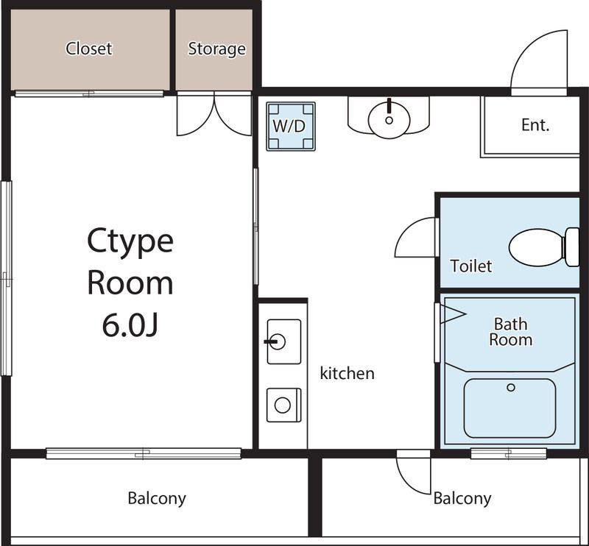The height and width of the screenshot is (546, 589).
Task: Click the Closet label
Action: pyautogui.click(x=89, y=49)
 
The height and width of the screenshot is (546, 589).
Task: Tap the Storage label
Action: pyautogui.click(x=216, y=49)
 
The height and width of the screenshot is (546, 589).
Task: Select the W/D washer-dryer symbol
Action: pyautogui.click(x=291, y=127)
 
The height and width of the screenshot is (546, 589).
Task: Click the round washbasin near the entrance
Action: pyautogui.click(x=389, y=119)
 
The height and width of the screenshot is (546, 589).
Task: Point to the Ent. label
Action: pyautogui.click(x=535, y=125)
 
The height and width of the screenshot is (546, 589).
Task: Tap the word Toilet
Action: pyautogui.click(x=471, y=266)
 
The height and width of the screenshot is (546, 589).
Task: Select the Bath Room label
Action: pyautogui.click(x=510, y=332)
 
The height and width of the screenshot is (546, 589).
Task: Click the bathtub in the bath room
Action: pyautogui.click(x=509, y=408)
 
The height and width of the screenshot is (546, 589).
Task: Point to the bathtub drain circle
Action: pyautogui.click(x=511, y=387)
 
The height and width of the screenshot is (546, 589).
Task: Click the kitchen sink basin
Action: pyautogui.click(x=284, y=341)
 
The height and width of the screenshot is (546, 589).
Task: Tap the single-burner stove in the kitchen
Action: pyautogui.click(x=283, y=405)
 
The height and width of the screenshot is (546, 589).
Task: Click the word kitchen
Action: pyautogui.click(x=347, y=373)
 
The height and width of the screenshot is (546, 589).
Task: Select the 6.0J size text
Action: pyautogui.click(x=130, y=325)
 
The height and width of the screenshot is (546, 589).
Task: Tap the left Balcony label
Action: pyautogui.click(x=157, y=498)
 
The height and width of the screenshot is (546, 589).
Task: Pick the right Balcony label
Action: pyautogui.click(x=462, y=498)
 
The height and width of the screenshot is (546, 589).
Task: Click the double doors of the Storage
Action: pyautogui.click(x=214, y=115)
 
